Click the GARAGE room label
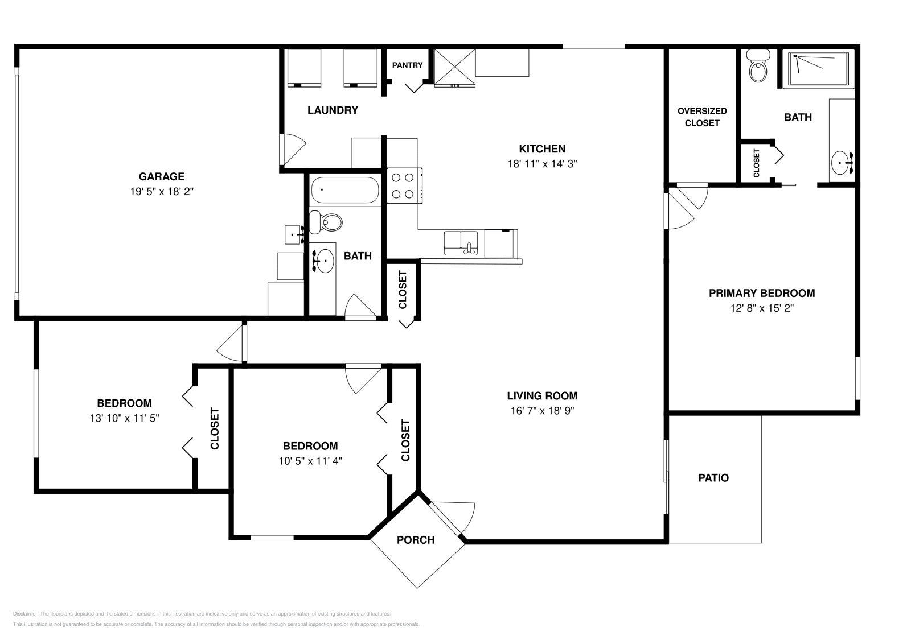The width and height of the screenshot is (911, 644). (x=162, y=176)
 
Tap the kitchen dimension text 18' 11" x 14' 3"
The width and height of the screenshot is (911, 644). (x=542, y=164)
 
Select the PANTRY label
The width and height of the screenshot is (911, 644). (x=407, y=65)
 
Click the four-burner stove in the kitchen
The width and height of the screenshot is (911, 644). (x=404, y=185)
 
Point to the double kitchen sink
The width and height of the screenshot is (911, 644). (x=461, y=243)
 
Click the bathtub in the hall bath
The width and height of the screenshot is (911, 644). (x=345, y=190)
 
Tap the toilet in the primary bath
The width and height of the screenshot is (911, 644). (x=758, y=66)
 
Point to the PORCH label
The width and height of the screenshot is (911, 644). (x=416, y=540)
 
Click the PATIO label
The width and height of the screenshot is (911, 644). (x=713, y=478)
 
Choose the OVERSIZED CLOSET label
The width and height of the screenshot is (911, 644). (x=702, y=117)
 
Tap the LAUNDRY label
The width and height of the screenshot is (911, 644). (x=333, y=110)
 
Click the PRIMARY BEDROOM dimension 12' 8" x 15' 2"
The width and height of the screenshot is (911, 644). (x=762, y=308)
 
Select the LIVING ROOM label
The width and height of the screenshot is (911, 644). (x=542, y=396)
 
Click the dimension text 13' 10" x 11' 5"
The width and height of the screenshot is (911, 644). (x=125, y=418)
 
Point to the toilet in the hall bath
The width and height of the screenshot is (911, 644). (x=326, y=222)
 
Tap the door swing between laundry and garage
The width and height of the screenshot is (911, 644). (x=293, y=150)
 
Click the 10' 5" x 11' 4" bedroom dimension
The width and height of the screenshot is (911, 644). (x=310, y=461)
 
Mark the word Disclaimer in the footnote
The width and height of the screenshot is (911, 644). (x=25, y=614)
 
